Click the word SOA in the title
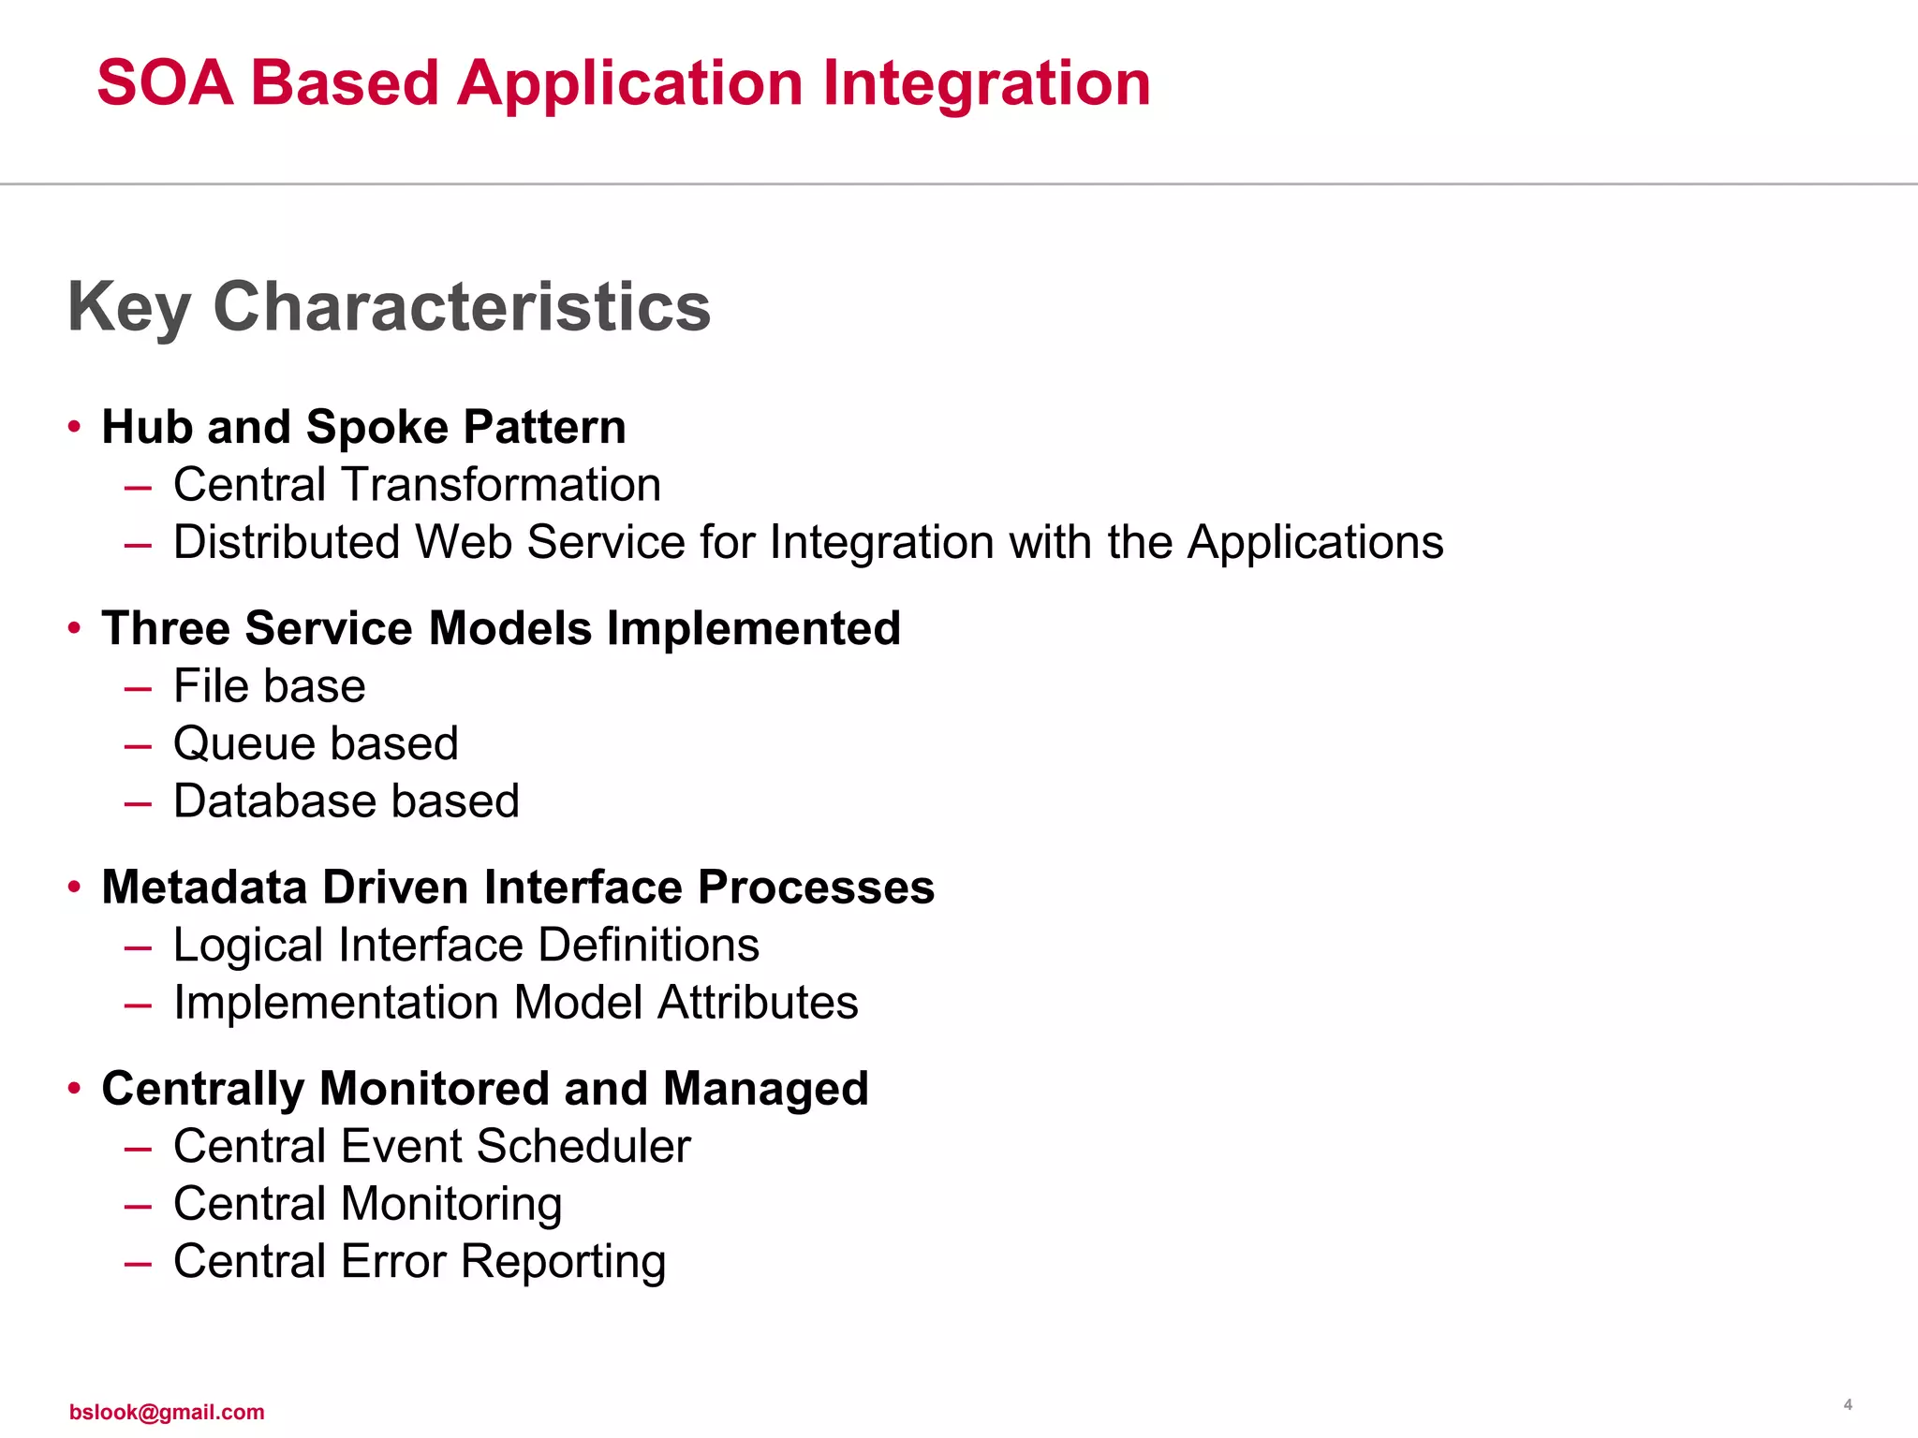[165, 83]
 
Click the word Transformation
[500, 485]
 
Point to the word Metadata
[204, 888]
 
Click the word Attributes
[758, 1003]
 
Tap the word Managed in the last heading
[765, 1090]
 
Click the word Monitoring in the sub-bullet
[451, 1206]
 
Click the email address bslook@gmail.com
[167, 1412]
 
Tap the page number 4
[1847, 1404]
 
